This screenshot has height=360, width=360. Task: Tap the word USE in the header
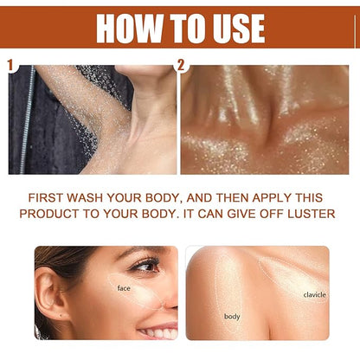click(229, 27)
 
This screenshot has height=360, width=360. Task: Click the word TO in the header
click(173, 27)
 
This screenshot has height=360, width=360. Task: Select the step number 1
click(10, 65)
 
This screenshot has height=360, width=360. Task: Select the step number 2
click(181, 65)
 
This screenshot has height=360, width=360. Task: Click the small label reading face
click(124, 288)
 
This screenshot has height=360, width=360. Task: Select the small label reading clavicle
click(314, 294)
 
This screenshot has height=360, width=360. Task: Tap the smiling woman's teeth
click(161, 331)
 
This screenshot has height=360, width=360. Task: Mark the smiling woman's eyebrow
click(143, 255)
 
